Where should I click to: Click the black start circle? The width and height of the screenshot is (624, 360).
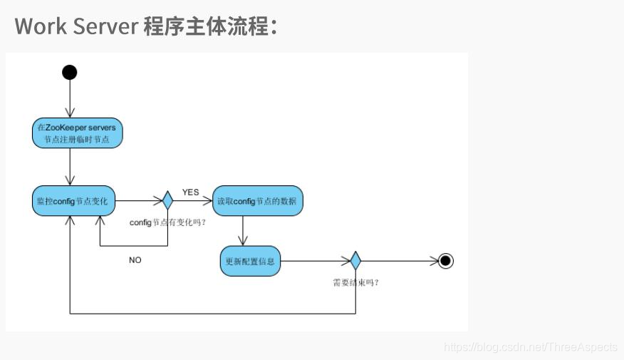click(69, 72)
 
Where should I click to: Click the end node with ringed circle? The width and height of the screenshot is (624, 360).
click(446, 261)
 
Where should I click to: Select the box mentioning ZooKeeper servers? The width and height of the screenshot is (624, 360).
click(78, 133)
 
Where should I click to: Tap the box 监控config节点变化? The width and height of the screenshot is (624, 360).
click(73, 201)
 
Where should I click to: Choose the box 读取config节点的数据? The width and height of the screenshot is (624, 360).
click(258, 201)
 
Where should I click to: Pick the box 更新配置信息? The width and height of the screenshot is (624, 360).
click(249, 261)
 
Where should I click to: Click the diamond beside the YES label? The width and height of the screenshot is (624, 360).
click(167, 201)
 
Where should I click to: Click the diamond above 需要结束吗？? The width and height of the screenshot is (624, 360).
click(355, 261)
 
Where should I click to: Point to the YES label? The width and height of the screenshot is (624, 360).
click(190, 192)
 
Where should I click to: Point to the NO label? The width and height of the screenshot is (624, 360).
click(135, 260)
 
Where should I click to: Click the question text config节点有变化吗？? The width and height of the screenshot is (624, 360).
click(168, 222)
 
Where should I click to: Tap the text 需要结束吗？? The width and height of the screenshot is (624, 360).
click(355, 282)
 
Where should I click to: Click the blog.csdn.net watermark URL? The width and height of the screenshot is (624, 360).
click(530, 347)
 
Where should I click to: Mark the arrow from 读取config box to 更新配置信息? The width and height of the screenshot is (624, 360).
click(244, 230)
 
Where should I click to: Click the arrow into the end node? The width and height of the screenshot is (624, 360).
click(399, 261)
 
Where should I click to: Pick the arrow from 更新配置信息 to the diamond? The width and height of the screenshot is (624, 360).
click(313, 261)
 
